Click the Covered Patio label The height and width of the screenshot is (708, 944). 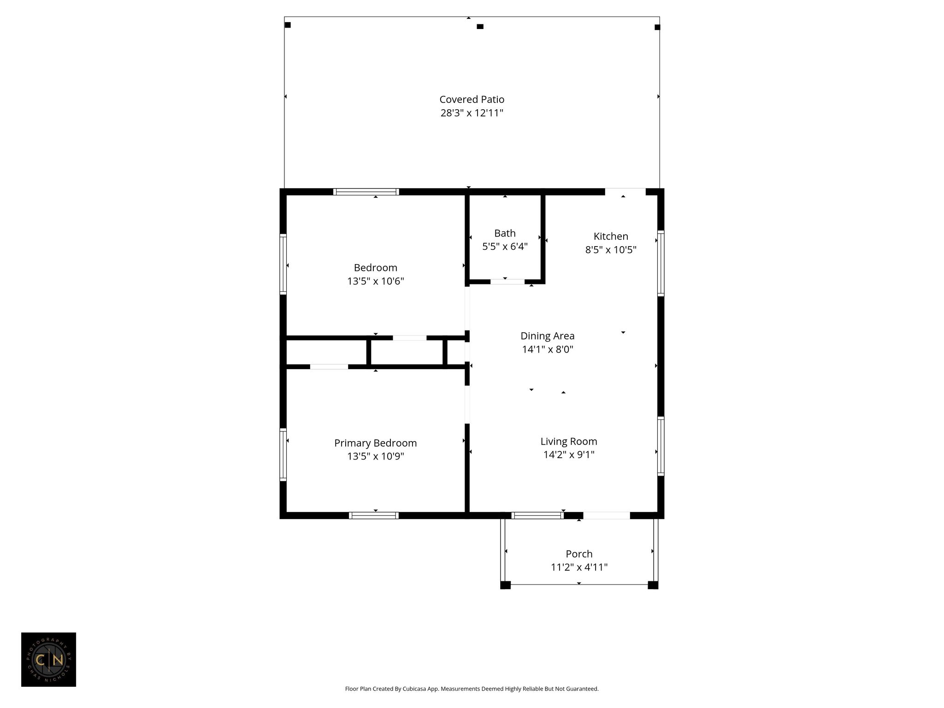click(x=472, y=99)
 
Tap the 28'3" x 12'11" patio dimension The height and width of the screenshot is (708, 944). click(x=472, y=113)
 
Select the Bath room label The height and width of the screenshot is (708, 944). click(x=505, y=233)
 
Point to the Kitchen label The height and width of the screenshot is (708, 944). click(x=611, y=236)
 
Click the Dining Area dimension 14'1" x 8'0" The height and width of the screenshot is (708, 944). click(x=548, y=349)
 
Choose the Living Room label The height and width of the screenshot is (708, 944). click(x=569, y=442)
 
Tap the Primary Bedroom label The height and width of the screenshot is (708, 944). click(x=375, y=443)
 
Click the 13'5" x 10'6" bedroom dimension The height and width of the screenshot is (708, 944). click(x=375, y=281)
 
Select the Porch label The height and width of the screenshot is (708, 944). click(x=579, y=554)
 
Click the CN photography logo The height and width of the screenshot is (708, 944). click(x=48, y=660)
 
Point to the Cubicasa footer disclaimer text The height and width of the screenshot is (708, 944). click(x=472, y=689)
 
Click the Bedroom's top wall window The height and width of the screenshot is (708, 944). click(x=366, y=192)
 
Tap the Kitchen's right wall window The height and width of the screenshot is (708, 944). click(x=661, y=263)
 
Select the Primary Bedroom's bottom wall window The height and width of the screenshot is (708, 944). click(x=373, y=515)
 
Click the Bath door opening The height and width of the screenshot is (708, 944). click(x=507, y=281)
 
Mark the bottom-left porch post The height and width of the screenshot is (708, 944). click(x=505, y=585)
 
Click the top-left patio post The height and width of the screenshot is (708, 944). click(x=288, y=25)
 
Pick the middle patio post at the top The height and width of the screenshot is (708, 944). click(x=480, y=27)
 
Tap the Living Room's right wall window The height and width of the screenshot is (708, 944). click(x=661, y=446)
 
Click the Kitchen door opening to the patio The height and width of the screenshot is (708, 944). click(x=625, y=192)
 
